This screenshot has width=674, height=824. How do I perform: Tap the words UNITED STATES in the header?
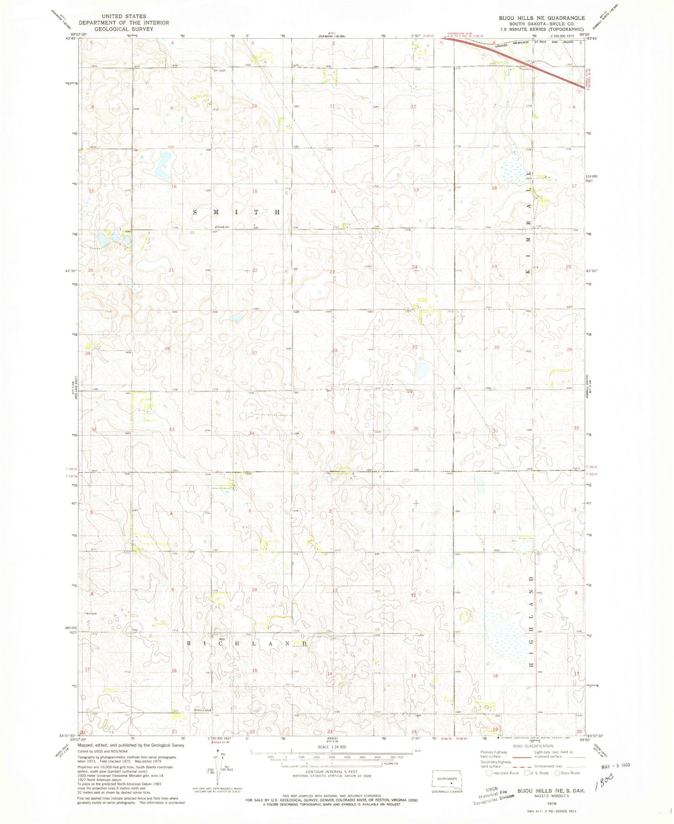tap(124, 16)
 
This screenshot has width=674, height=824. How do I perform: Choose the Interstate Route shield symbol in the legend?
tap(488, 773)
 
